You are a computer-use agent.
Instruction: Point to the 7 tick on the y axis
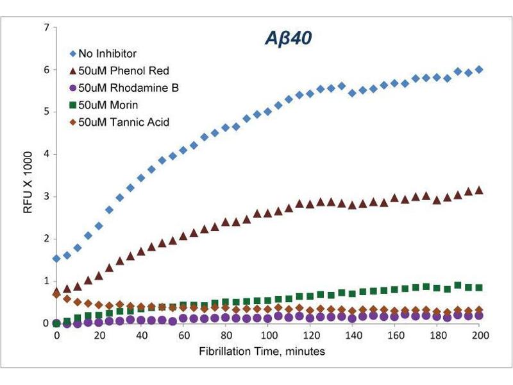[x=45, y=28]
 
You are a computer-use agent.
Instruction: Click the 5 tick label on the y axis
[x=45, y=112]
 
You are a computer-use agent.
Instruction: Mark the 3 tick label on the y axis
[x=45, y=196]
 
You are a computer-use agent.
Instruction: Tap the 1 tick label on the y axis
[x=45, y=281]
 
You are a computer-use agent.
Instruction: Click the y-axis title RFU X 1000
[x=26, y=175]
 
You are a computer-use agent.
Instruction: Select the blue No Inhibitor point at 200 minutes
[x=479, y=70]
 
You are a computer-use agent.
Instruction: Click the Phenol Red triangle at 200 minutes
[x=479, y=191]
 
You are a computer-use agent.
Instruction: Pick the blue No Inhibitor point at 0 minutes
[x=56, y=259]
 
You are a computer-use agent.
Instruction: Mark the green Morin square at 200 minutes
[x=479, y=287]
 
